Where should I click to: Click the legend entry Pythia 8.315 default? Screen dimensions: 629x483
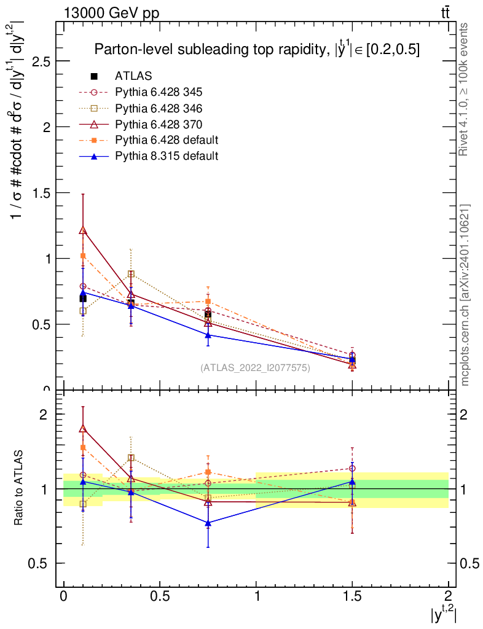[167, 156]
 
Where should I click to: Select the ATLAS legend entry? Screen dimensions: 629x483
[133, 76]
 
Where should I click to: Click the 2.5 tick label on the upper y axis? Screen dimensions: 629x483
[38, 61]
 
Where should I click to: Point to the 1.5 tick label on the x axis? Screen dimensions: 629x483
[352, 595]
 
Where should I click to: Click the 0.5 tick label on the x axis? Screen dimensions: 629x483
[159, 595]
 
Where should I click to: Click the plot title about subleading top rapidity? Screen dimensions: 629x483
[257, 50]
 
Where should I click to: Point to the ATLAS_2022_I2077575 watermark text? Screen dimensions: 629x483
[255, 368]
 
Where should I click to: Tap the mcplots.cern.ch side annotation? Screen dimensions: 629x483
[465, 295]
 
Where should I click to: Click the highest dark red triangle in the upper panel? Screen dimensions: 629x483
[83, 230]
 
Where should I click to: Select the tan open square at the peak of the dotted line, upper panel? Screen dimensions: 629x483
[131, 274]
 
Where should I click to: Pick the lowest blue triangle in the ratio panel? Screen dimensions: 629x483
[208, 523]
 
